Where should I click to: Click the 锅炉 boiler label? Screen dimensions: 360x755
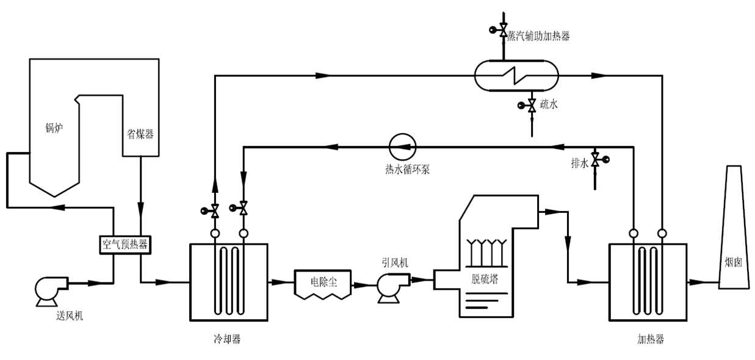pos(54,128)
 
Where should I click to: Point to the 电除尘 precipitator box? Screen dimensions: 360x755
pos(323,283)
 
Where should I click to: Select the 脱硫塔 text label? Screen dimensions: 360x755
pos(485,279)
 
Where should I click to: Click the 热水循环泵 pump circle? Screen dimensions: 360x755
pos(402,146)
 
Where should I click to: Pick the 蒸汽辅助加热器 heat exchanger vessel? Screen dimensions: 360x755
pos(516,76)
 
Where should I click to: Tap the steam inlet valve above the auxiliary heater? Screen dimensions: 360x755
pos(502,29)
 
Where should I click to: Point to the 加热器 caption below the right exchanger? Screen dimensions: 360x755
pos(649,339)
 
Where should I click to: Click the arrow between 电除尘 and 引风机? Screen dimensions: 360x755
pos(365,283)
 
